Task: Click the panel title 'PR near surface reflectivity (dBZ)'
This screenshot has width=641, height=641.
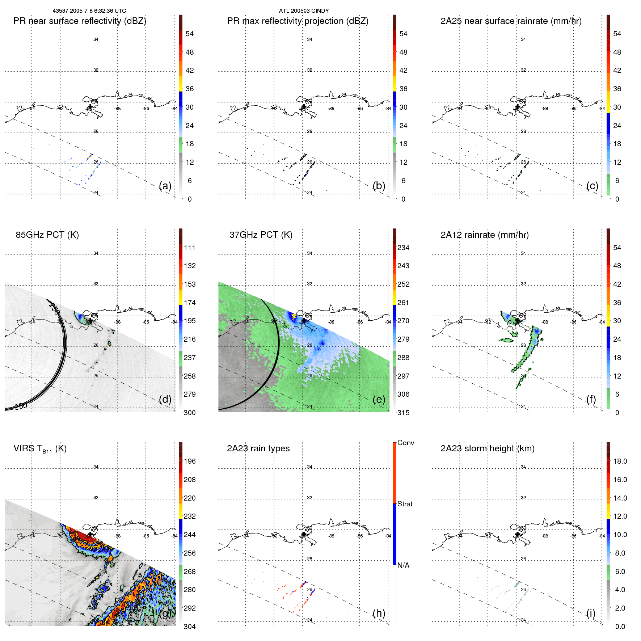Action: [x=80, y=21]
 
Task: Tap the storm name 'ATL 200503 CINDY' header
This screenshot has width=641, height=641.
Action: [x=304, y=11]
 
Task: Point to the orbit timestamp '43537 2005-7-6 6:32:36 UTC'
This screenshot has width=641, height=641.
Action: [x=89, y=11]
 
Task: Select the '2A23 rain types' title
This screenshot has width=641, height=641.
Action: [x=258, y=448]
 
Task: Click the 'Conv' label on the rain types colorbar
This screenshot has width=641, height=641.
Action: [x=405, y=443]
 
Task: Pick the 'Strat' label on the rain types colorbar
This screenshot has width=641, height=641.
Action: [x=405, y=504]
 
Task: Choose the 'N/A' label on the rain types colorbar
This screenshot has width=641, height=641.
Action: [x=403, y=565]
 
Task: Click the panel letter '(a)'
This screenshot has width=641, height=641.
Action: [x=165, y=186]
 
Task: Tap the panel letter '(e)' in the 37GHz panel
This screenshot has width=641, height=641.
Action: [x=379, y=399]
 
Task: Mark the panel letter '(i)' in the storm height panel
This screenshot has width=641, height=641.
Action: [x=591, y=613]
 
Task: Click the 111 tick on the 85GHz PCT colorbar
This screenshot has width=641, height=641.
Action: [x=190, y=248]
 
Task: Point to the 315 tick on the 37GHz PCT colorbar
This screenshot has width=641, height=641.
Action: [x=403, y=413]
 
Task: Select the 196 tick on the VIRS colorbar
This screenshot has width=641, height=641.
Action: [x=190, y=461]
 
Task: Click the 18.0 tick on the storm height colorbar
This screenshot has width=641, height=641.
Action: [x=620, y=461]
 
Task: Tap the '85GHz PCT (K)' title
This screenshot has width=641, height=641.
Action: [x=47, y=235]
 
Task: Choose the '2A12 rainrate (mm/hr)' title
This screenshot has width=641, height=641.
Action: [x=485, y=235]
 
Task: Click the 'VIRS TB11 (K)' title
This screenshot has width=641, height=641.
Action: [x=40, y=449]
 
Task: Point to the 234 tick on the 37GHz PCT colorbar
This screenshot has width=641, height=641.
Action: [x=403, y=248]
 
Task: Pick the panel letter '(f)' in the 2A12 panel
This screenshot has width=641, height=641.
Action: [x=591, y=399]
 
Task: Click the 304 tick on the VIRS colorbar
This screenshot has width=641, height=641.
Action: [x=190, y=627]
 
